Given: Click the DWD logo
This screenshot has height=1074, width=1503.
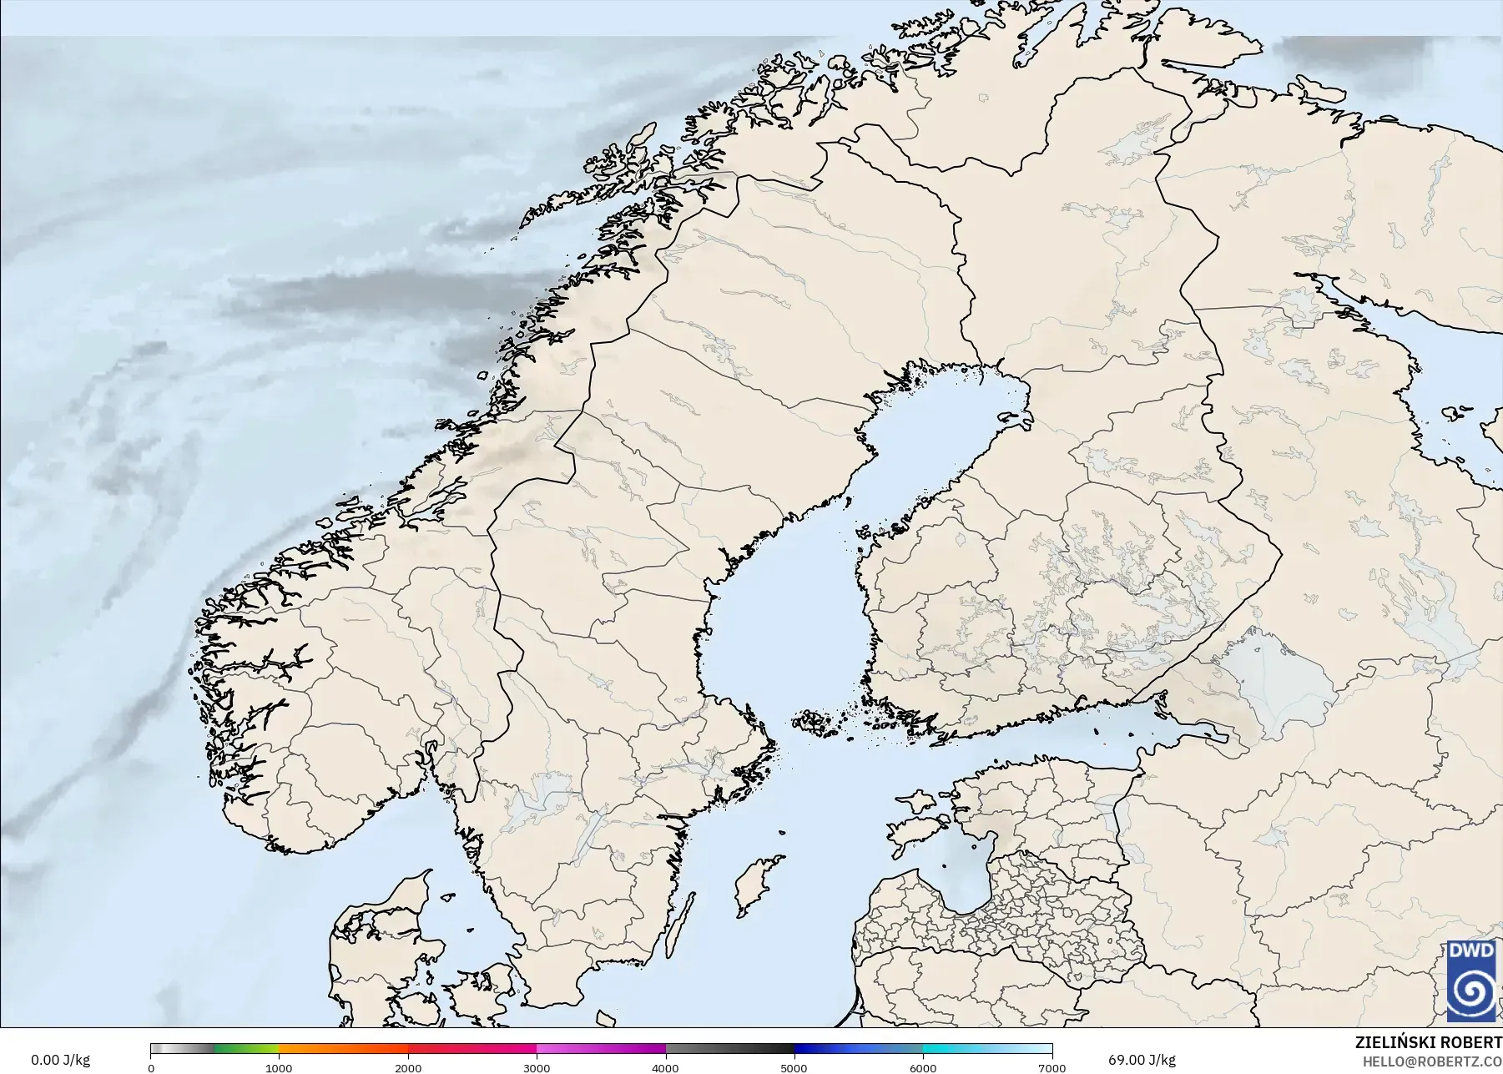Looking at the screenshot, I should point(1472,981).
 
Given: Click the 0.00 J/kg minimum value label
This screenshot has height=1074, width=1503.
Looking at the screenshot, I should point(60,1060).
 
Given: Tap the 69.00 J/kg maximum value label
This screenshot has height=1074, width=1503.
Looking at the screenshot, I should point(1142,1060).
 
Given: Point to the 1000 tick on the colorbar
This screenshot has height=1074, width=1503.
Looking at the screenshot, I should point(279,1067).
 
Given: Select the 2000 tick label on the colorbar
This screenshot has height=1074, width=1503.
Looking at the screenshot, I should point(408,1067).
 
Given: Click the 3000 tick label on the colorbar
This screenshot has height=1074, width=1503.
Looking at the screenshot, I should point(537,1067).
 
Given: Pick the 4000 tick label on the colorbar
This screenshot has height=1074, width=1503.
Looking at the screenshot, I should point(666,1067).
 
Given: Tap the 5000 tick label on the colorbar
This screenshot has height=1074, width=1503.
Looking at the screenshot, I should point(794,1067).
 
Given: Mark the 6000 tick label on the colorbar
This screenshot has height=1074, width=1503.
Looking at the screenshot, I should point(924,1067).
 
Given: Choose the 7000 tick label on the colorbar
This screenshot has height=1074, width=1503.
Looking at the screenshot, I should point(1052,1067).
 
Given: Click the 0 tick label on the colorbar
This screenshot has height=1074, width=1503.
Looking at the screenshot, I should point(151,1067).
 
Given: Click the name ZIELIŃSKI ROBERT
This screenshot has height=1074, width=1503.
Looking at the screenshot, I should point(1428,1042).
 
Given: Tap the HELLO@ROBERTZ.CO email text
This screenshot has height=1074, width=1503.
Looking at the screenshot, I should point(1432,1061).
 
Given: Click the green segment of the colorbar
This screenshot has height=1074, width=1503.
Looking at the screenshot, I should point(246,1049).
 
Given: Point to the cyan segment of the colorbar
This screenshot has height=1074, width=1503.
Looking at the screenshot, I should point(951,1049).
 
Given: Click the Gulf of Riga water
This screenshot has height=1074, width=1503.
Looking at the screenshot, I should point(960,876).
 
